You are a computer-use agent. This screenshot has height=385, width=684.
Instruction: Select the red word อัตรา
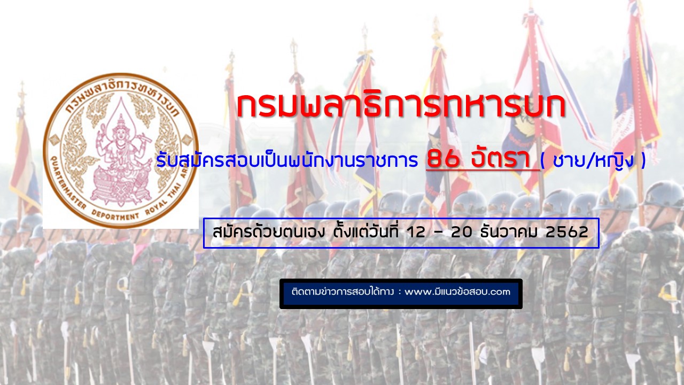pyautogui.click(x=505, y=158)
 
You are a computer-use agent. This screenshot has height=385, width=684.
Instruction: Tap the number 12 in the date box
pyautogui.click(x=416, y=232)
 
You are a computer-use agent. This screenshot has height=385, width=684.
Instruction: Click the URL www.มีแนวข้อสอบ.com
pyautogui.click(x=457, y=291)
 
